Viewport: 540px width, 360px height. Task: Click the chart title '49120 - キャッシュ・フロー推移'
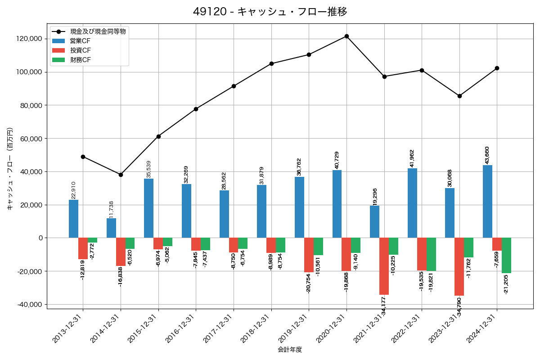click(270, 12)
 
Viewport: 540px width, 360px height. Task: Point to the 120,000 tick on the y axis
click(29, 39)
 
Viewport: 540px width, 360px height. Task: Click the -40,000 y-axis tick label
click(28, 305)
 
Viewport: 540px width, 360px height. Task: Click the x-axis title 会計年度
click(290, 350)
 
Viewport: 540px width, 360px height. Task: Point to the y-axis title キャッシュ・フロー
click(10, 169)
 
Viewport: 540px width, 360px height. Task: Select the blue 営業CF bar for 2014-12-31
click(111, 228)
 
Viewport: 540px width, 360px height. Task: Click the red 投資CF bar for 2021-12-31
click(384, 266)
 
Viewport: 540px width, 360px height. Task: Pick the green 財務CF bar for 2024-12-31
click(506, 256)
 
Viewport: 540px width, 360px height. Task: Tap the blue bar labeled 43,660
click(487, 202)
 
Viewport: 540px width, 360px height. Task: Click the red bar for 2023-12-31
click(459, 266)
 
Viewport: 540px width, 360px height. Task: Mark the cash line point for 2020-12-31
click(346, 36)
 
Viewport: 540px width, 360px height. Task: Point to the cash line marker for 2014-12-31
click(121, 175)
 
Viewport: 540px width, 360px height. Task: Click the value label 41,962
click(412, 158)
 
